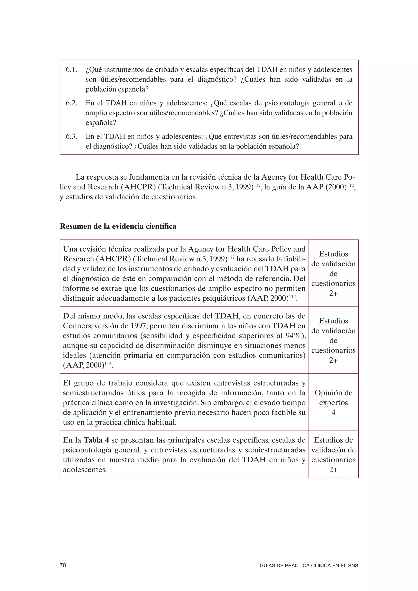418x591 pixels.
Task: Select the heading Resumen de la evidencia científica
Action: pyautogui.click(x=118, y=226)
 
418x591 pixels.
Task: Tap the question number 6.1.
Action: pyautogui.click(x=72, y=70)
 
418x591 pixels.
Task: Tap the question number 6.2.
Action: pyautogui.click(x=72, y=103)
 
